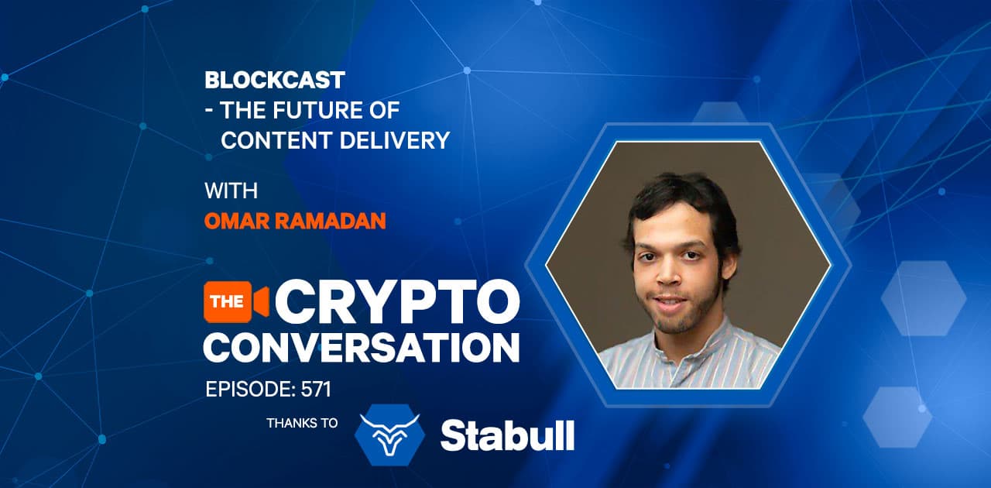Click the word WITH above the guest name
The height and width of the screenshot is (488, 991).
coord(231,191)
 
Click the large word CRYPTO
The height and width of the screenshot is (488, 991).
coord(396,302)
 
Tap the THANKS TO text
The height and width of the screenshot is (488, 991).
coord(302,423)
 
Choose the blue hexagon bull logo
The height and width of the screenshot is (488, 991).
coord(390,436)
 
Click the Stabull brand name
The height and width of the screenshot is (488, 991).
coord(507,436)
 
